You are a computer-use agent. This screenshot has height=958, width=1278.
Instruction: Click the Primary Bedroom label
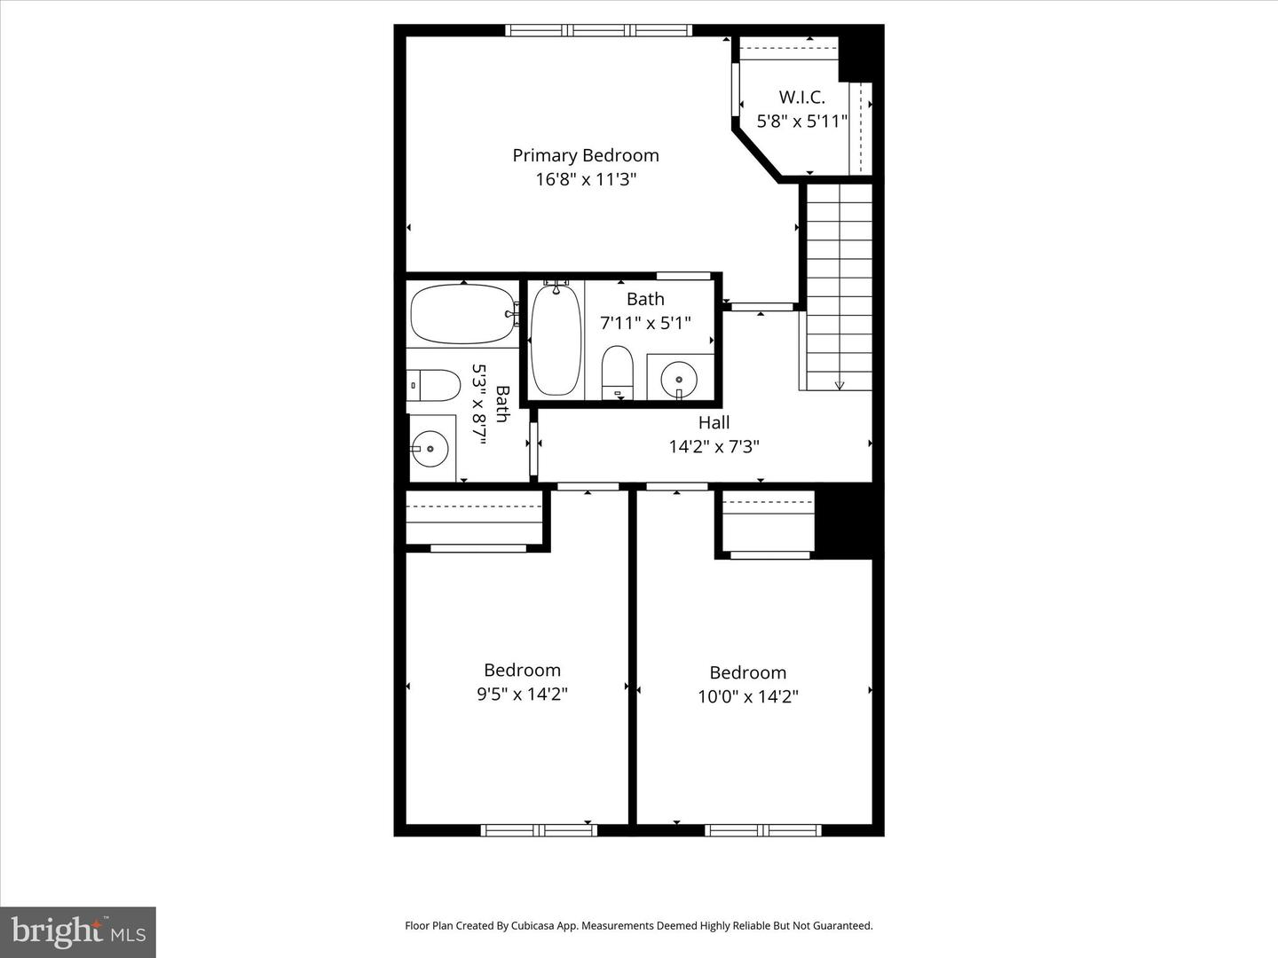click(x=586, y=155)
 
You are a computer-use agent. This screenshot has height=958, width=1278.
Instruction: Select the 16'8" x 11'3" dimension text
click(x=586, y=179)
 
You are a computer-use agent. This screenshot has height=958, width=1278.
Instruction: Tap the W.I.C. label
click(x=801, y=98)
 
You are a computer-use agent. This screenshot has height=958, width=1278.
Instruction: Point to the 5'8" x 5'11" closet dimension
click(x=801, y=121)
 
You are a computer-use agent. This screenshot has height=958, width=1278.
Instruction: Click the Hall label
click(x=714, y=423)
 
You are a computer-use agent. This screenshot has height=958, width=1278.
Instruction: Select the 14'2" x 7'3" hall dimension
click(x=714, y=446)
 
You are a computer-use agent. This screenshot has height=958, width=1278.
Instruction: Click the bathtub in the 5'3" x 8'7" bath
click(x=461, y=314)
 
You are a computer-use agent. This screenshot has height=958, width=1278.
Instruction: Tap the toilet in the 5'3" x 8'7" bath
click(x=434, y=385)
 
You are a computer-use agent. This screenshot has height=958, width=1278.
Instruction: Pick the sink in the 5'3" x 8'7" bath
click(x=430, y=449)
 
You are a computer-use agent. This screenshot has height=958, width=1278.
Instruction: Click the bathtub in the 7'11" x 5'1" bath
click(x=556, y=340)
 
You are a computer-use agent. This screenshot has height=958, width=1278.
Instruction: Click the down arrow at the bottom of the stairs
click(x=840, y=384)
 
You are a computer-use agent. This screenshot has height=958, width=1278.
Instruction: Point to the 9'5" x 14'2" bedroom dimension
click(x=522, y=694)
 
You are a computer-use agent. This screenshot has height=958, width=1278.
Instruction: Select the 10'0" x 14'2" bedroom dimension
click(x=747, y=696)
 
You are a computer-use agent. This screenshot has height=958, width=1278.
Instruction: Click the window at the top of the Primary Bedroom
click(x=598, y=30)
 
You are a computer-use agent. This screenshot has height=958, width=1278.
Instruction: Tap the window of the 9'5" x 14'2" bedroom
click(x=539, y=830)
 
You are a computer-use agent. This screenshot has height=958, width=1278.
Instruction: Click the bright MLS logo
click(x=78, y=931)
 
